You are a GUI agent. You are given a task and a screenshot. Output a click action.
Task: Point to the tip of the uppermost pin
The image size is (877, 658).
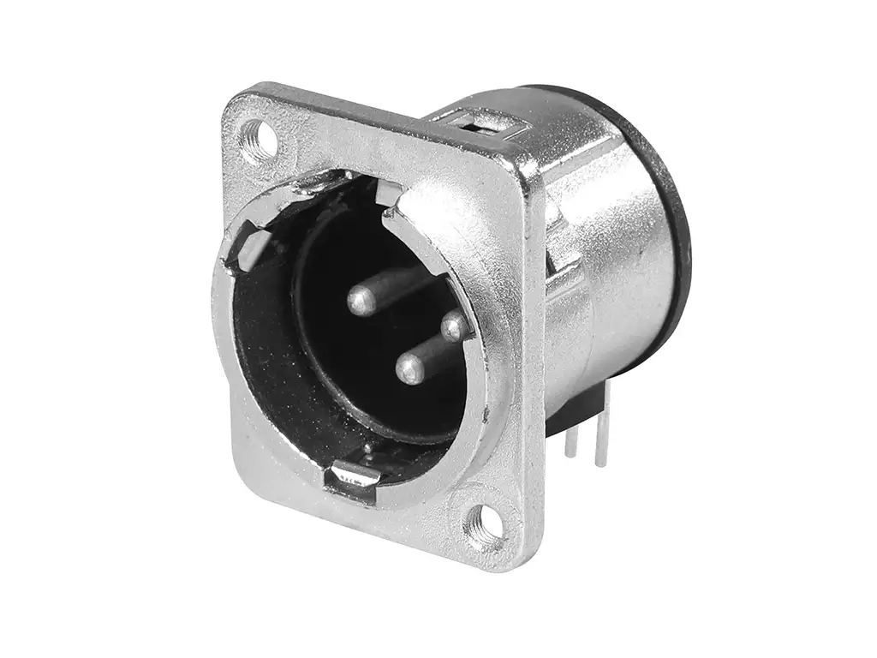click(x=361, y=299)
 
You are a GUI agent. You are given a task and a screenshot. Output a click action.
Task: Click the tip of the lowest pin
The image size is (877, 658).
click(x=409, y=370)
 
